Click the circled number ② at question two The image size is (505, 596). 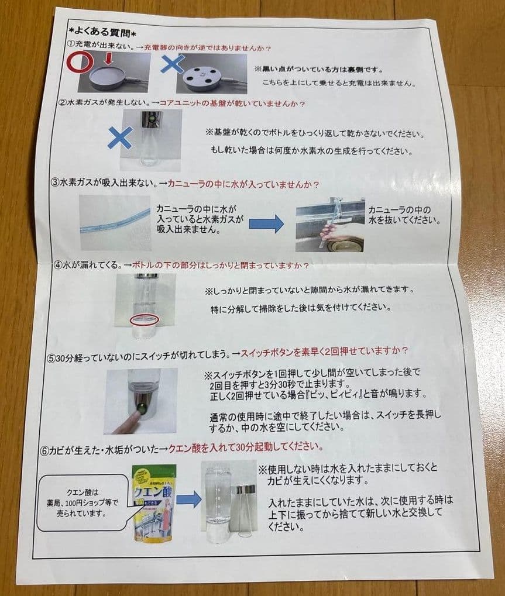point(63,103)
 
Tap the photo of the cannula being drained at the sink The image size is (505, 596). point(329,224)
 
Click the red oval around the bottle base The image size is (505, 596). point(145,319)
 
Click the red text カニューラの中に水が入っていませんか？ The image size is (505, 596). point(243,184)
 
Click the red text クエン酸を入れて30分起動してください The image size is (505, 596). point(246,447)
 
